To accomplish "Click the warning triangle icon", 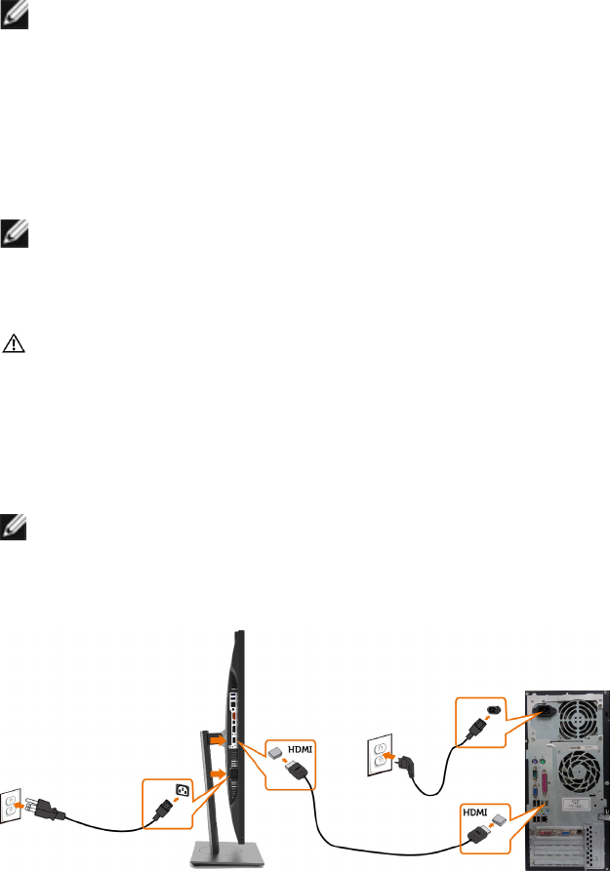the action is click(x=16, y=344).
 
